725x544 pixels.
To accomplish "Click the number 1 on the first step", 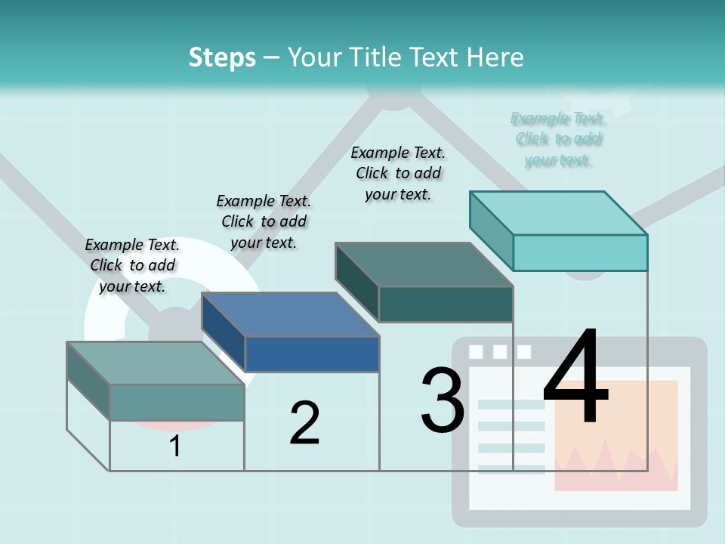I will coord(175,446).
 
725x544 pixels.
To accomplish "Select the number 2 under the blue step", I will coord(304,422).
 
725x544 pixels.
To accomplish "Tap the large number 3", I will coord(443,400).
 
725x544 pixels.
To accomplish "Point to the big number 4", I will coord(575,377).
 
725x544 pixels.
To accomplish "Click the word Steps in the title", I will coord(222,57).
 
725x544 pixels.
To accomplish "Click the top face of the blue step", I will coord(290,314).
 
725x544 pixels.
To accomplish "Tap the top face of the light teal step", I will coord(559,213).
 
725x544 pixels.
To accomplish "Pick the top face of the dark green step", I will coord(424,264).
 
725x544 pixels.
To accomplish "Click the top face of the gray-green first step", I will coord(156,363).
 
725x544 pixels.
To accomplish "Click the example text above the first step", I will coord(132,265).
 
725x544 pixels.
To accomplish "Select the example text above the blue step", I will coord(264,221).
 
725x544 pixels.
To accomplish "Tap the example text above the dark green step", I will coord(398,173).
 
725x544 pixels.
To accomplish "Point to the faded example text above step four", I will coord(558,139).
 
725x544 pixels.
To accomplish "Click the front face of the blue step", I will coord(312,354).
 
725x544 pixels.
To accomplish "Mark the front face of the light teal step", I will coord(580,252).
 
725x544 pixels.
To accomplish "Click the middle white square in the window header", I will coord(499,352).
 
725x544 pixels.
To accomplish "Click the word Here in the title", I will coord(496,57).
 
